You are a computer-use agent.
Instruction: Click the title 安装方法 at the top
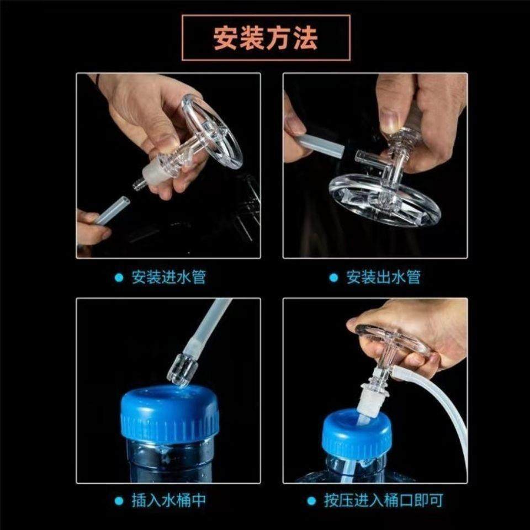point(266,38)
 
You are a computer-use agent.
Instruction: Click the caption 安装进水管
point(168,277)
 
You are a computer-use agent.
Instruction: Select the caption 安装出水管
point(383,277)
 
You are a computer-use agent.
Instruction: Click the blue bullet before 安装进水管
point(119,278)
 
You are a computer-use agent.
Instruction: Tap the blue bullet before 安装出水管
point(333,278)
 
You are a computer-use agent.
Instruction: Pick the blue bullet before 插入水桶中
point(119,501)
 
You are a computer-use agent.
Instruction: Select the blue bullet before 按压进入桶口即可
point(312,501)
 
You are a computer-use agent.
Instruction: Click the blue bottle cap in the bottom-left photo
point(169,414)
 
